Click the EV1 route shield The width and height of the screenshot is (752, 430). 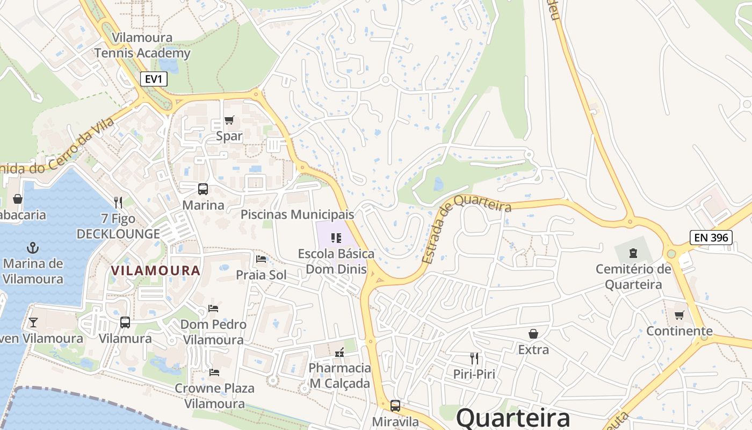pos(154,79)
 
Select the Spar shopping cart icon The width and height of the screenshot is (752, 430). pos(229,120)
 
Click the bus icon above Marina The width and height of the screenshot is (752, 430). pos(203,189)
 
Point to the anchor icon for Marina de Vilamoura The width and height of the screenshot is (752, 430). pos(33,248)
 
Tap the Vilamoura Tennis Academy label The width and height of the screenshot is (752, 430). pos(142,45)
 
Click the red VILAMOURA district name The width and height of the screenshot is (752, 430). pos(156,270)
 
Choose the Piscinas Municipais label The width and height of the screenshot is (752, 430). pos(297,214)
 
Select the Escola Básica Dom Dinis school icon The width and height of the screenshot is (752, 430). pos(336,238)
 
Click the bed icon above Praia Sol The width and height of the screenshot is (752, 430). pos(262,259)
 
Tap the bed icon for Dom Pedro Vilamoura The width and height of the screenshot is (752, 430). pos(213,309)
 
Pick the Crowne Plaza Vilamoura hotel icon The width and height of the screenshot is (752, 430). pos(214,372)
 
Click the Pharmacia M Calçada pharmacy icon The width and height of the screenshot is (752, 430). pos(339,353)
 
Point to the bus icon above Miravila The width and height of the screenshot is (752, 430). pos(395,406)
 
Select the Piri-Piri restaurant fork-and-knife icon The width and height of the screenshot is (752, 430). pos(474,358)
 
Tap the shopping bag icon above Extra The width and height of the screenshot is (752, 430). pos(533,334)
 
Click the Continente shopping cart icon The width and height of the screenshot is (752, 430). pos(679,315)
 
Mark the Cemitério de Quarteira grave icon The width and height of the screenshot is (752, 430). pos(633,253)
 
